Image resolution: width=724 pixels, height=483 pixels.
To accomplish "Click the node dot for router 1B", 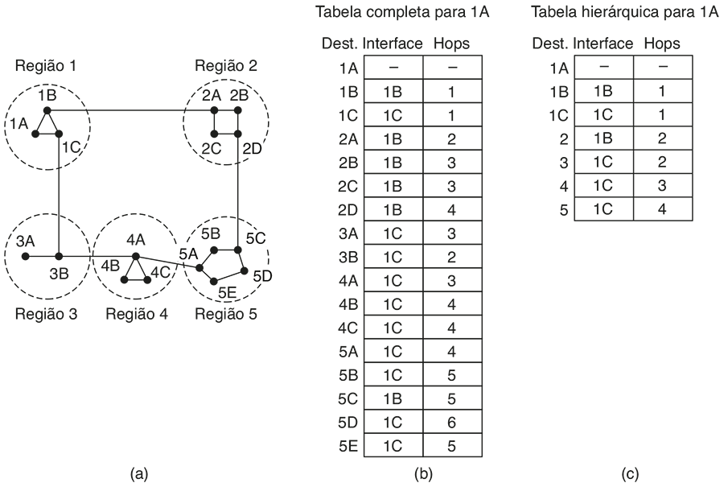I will click(x=47, y=109).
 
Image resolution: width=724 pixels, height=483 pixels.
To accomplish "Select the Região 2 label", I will click(x=226, y=66).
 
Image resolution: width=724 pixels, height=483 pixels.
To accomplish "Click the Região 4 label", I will click(x=137, y=314).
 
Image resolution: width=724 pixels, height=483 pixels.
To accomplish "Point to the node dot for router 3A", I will click(x=26, y=256).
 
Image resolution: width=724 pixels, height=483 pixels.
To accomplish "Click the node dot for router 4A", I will click(x=135, y=255).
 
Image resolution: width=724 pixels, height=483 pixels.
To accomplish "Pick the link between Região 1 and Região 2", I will click(x=129, y=109).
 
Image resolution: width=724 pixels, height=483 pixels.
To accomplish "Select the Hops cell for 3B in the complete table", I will click(x=451, y=257).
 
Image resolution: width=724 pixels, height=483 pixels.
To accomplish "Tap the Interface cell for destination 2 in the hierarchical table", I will click(x=604, y=138).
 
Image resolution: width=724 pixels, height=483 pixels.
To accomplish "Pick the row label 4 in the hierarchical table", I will click(x=564, y=186).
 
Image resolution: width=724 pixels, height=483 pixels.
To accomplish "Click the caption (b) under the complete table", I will click(x=423, y=474).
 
